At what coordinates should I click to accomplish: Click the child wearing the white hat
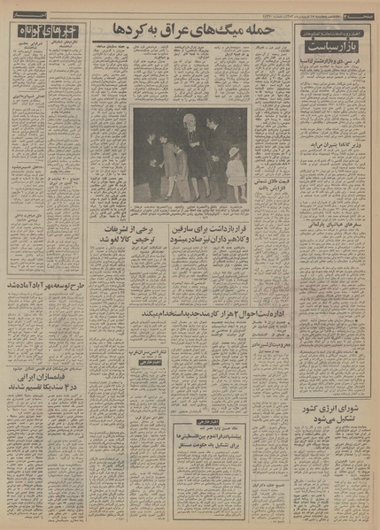[x=234, y=152]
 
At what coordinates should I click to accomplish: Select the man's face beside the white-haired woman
[x=213, y=125]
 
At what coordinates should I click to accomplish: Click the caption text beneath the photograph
[x=190, y=209]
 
